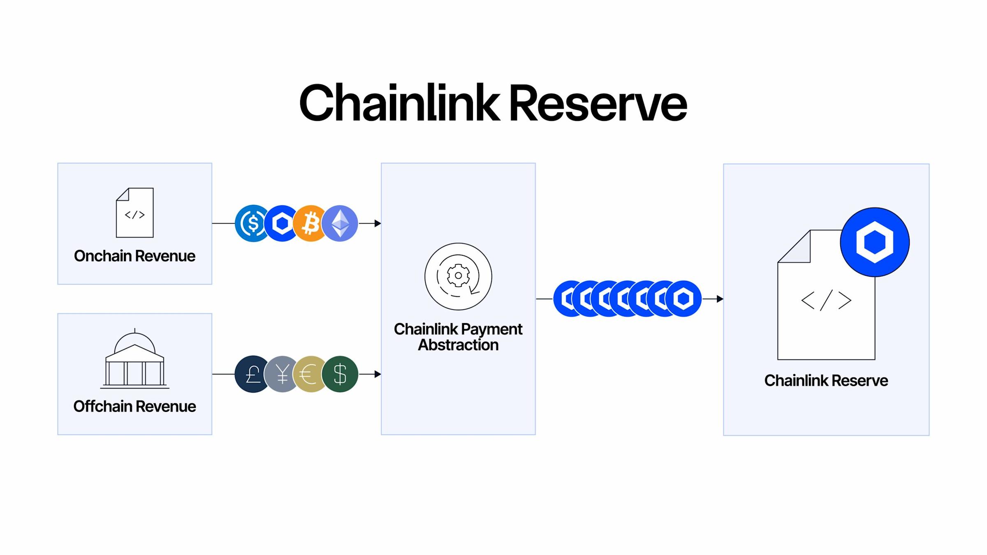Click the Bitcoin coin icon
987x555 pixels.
311,223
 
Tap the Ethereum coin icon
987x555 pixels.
341,223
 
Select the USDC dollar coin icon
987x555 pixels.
251,223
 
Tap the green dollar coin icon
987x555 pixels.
341,374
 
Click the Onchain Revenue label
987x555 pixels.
134,256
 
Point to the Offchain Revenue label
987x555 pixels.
134,407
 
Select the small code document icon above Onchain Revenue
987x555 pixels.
135,213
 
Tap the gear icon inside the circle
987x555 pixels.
458,276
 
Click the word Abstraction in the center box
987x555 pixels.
458,345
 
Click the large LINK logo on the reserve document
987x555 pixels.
875,242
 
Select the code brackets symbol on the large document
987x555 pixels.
826,301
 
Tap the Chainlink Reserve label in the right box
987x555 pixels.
826,381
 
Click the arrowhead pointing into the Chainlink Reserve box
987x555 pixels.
720,299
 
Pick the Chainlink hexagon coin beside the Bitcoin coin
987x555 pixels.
282,223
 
